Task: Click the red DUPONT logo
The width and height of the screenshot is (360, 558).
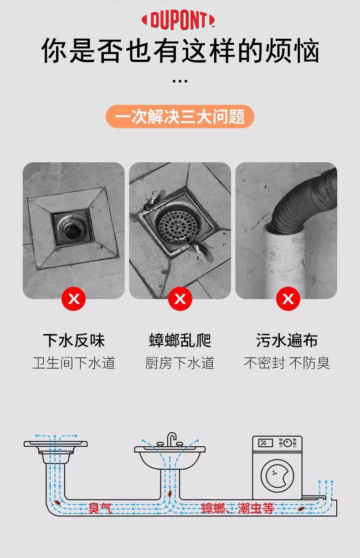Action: pos(178,20)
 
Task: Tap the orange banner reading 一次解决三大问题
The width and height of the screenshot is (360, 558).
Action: pos(180,117)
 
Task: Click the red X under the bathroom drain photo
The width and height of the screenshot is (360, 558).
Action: pos(74,299)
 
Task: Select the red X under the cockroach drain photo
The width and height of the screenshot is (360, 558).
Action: pos(180,299)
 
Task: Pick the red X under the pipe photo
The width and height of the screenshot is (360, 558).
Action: pos(288,299)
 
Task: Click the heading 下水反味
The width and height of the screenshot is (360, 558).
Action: pos(74,340)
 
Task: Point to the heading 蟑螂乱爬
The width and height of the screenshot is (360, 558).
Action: pos(180,340)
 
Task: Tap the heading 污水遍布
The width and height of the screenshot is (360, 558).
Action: pos(287,340)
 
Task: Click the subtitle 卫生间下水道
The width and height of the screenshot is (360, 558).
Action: pos(74,363)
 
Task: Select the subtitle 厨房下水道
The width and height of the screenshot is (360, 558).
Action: pos(180,363)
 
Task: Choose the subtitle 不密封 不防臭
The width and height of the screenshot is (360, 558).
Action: pos(287,363)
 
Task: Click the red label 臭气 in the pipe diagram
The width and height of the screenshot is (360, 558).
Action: pos(100,508)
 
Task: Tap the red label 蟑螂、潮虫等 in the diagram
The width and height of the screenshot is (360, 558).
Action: pos(238,508)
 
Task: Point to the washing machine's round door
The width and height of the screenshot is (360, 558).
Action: pos(277,476)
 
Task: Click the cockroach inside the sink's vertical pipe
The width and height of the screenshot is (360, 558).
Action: pos(170,493)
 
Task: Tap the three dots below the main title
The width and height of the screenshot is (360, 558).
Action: pos(180,81)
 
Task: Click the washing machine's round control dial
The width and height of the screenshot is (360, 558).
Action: pos(288,443)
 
